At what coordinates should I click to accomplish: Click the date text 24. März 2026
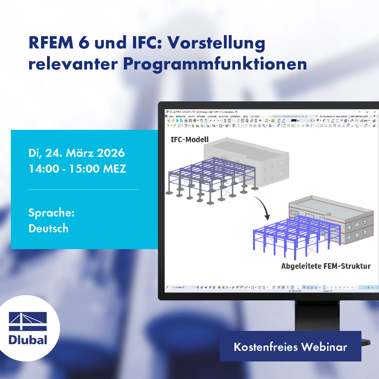point(85,153)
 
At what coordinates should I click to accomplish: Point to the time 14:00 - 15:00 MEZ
point(77,169)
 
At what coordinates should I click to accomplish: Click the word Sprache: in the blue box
point(51,212)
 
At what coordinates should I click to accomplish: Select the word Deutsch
point(48,228)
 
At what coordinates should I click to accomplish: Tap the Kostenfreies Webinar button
point(290,347)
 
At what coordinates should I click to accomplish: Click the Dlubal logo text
point(28,340)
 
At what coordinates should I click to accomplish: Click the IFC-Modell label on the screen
point(190,139)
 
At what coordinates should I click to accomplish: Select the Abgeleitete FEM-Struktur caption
point(325,266)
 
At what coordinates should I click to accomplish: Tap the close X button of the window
point(375,112)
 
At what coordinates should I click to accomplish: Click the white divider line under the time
point(83,189)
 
